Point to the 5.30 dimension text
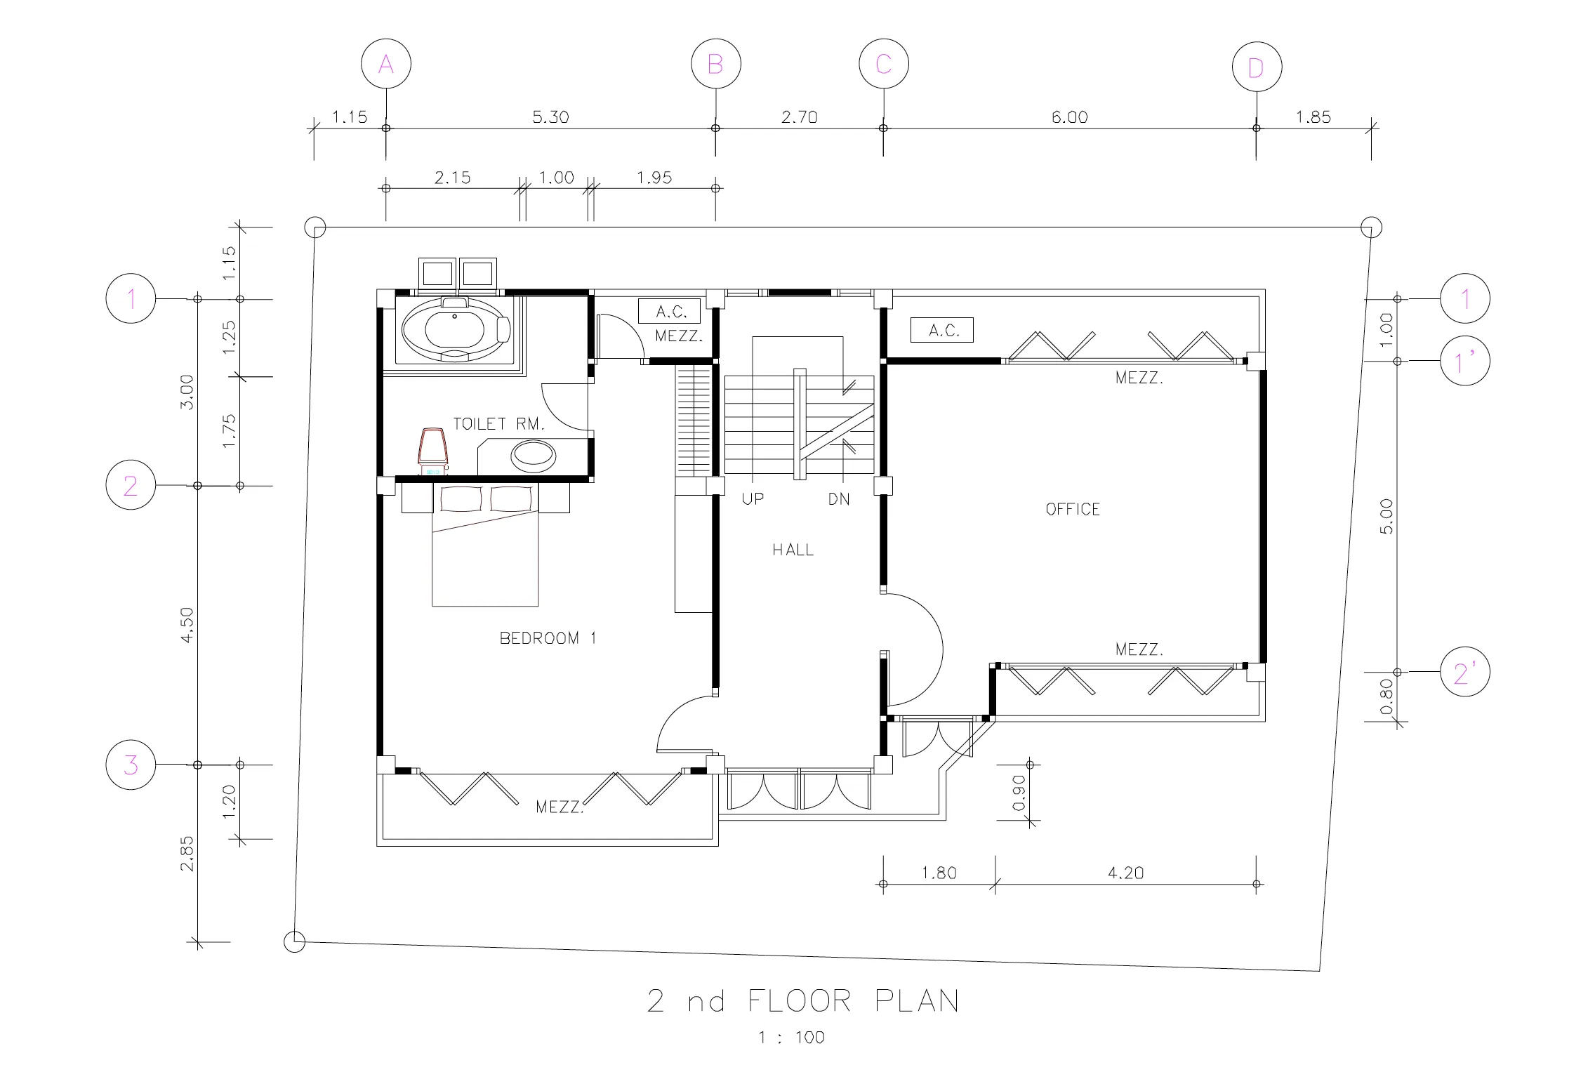(550, 117)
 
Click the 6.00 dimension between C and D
(1069, 117)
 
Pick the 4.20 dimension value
(1125, 873)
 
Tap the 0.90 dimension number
(1019, 793)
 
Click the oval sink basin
(534, 456)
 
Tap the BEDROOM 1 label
(548, 638)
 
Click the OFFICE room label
(1073, 509)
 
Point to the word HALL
(793, 550)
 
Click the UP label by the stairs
(753, 498)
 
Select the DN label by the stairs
(839, 499)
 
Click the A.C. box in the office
(942, 330)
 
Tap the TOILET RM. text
(498, 423)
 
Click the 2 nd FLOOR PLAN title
(802, 1001)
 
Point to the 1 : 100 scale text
(791, 1038)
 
